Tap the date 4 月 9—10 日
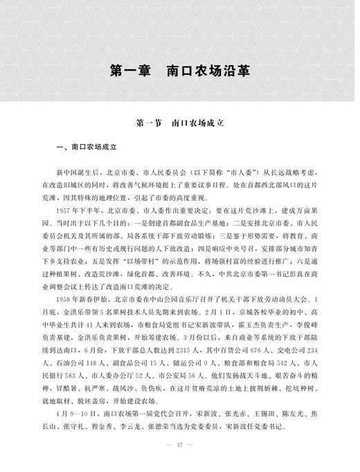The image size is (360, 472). click(75, 428)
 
